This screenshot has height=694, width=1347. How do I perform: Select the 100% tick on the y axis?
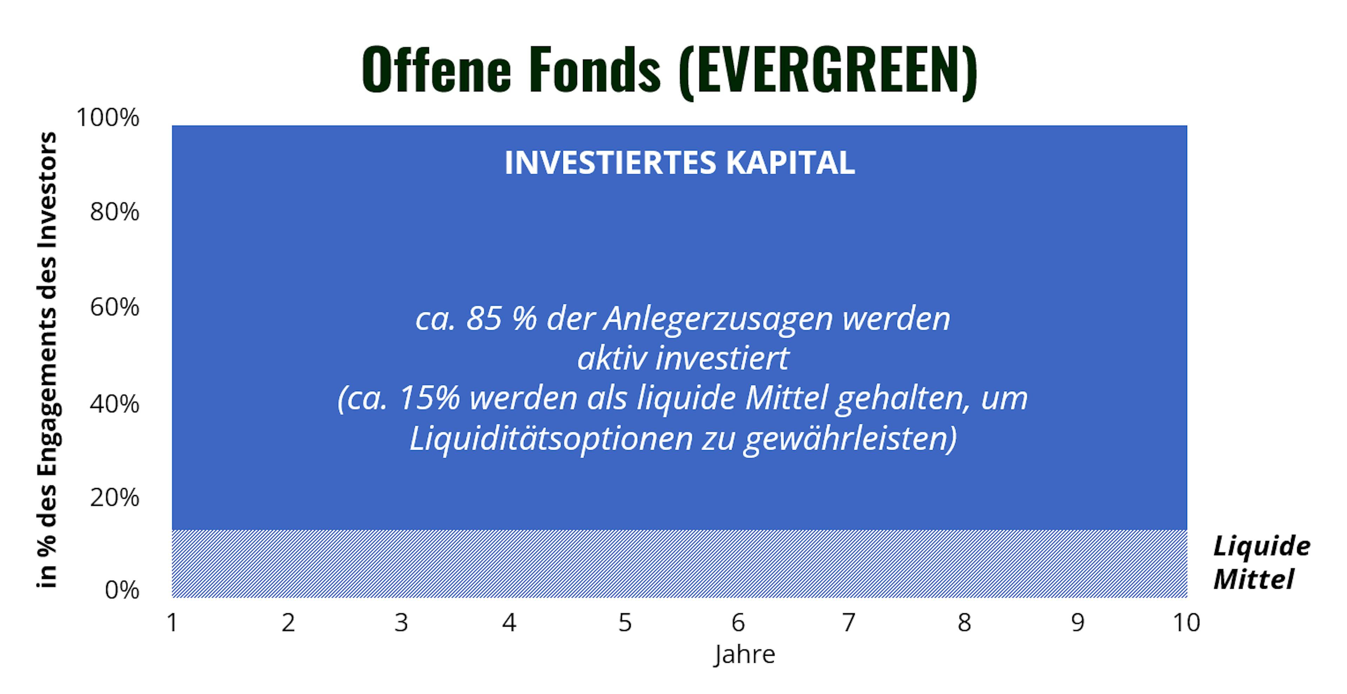click(x=108, y=117)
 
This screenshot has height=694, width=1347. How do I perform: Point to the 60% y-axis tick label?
click(x=114, y=307)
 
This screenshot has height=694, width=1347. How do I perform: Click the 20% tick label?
click(x=114, y=498)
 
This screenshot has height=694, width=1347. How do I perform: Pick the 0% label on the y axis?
click(x=122, y=590)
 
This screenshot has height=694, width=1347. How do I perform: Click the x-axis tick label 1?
click(x=172, y=622)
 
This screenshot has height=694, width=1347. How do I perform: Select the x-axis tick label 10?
click(x=1186, y=622)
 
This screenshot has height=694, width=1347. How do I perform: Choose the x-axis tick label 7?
click(x=849, y=622)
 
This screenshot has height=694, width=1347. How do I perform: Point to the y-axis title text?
click(x=48, y=360)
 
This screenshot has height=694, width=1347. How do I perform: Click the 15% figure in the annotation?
click(x=429, y=398)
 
